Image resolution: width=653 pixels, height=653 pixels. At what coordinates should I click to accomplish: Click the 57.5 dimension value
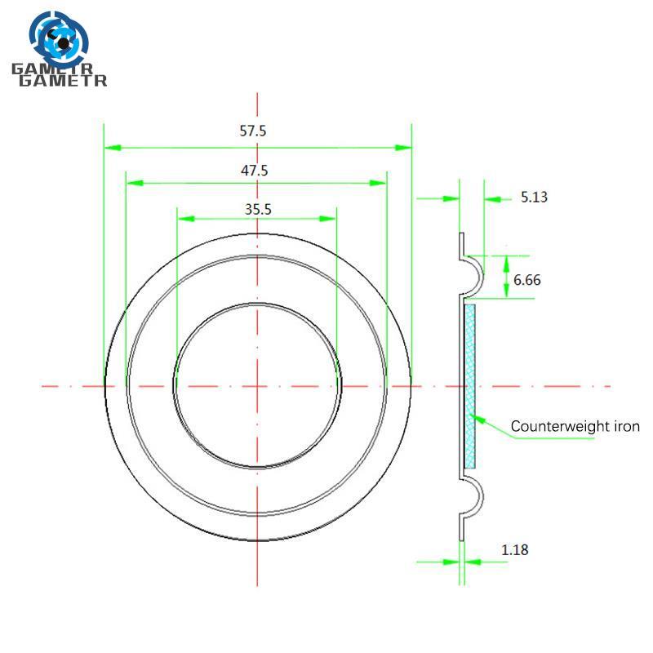[253, 131]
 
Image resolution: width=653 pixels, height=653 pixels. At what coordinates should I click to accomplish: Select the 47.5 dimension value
[255, 171]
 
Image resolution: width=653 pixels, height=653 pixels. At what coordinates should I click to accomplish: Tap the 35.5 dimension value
[258, 209]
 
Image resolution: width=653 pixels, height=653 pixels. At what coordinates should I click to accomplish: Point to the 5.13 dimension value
[535, 197]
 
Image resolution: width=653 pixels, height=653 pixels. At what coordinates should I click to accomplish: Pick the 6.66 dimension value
[527, 280]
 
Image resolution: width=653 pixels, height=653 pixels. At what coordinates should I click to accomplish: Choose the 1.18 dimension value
[515, 550]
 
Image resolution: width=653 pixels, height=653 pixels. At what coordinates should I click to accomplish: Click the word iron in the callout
[627, 426]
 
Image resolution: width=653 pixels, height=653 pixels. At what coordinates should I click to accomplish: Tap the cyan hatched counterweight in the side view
[470, 386]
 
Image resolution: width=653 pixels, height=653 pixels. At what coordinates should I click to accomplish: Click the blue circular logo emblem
[59, 39]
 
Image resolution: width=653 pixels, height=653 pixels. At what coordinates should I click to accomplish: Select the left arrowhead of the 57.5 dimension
[113, 148]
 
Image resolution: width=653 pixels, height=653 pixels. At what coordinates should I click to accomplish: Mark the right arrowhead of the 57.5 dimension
[403, 148]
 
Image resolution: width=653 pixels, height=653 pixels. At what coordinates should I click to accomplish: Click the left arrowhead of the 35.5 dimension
[186, 219]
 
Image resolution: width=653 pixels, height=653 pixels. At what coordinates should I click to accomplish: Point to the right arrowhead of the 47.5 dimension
[378, 183]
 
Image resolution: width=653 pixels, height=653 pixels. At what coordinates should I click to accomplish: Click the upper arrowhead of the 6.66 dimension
[506, 264]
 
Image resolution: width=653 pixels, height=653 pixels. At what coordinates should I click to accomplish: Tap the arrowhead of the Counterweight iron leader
[479, 419]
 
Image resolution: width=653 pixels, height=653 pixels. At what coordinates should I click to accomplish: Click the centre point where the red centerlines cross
[257, 386]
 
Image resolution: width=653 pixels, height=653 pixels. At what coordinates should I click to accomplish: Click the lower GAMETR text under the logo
[63, 80]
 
